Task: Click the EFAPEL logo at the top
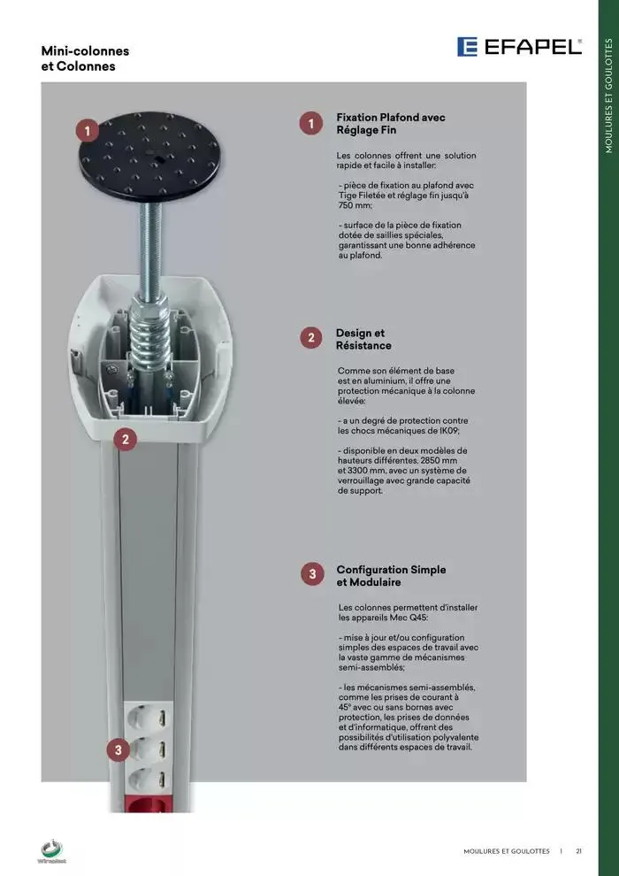click(519, 47)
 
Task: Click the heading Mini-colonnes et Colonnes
click(85, 58)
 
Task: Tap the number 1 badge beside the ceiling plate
click(88, 131)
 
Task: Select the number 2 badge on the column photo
click(125, 439)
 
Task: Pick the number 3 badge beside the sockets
click(118, 750)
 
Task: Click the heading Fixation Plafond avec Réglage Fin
click(391, 124)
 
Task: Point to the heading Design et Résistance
click(363, 339)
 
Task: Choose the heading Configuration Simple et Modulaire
click(391, 576)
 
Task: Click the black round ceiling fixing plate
click(149, 157)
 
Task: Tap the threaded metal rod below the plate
click(149, 249)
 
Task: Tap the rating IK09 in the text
click(452, 431)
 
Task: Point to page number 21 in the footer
click(579, 851)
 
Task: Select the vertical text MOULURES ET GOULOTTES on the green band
click(608, 96)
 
